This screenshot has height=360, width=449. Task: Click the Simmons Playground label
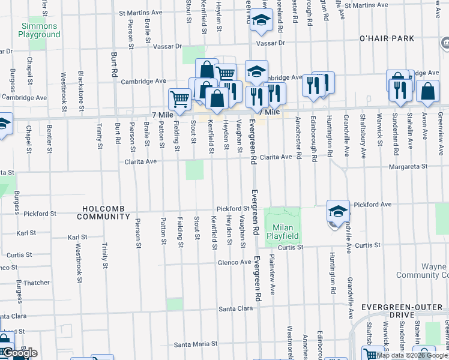click(x=39, y=30)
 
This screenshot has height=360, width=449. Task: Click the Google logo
click(x=19, y=353)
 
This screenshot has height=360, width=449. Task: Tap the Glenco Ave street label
click(x=234, y=262)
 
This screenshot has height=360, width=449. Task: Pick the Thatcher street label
click(x=36, y=283)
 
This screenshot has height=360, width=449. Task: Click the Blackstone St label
click(x=81, y=87)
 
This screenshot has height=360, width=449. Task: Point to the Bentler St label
click(x=49, y=137)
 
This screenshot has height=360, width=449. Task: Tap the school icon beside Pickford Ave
click(x=339, y=211)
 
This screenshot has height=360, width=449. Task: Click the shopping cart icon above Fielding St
click(x=179, y=98)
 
